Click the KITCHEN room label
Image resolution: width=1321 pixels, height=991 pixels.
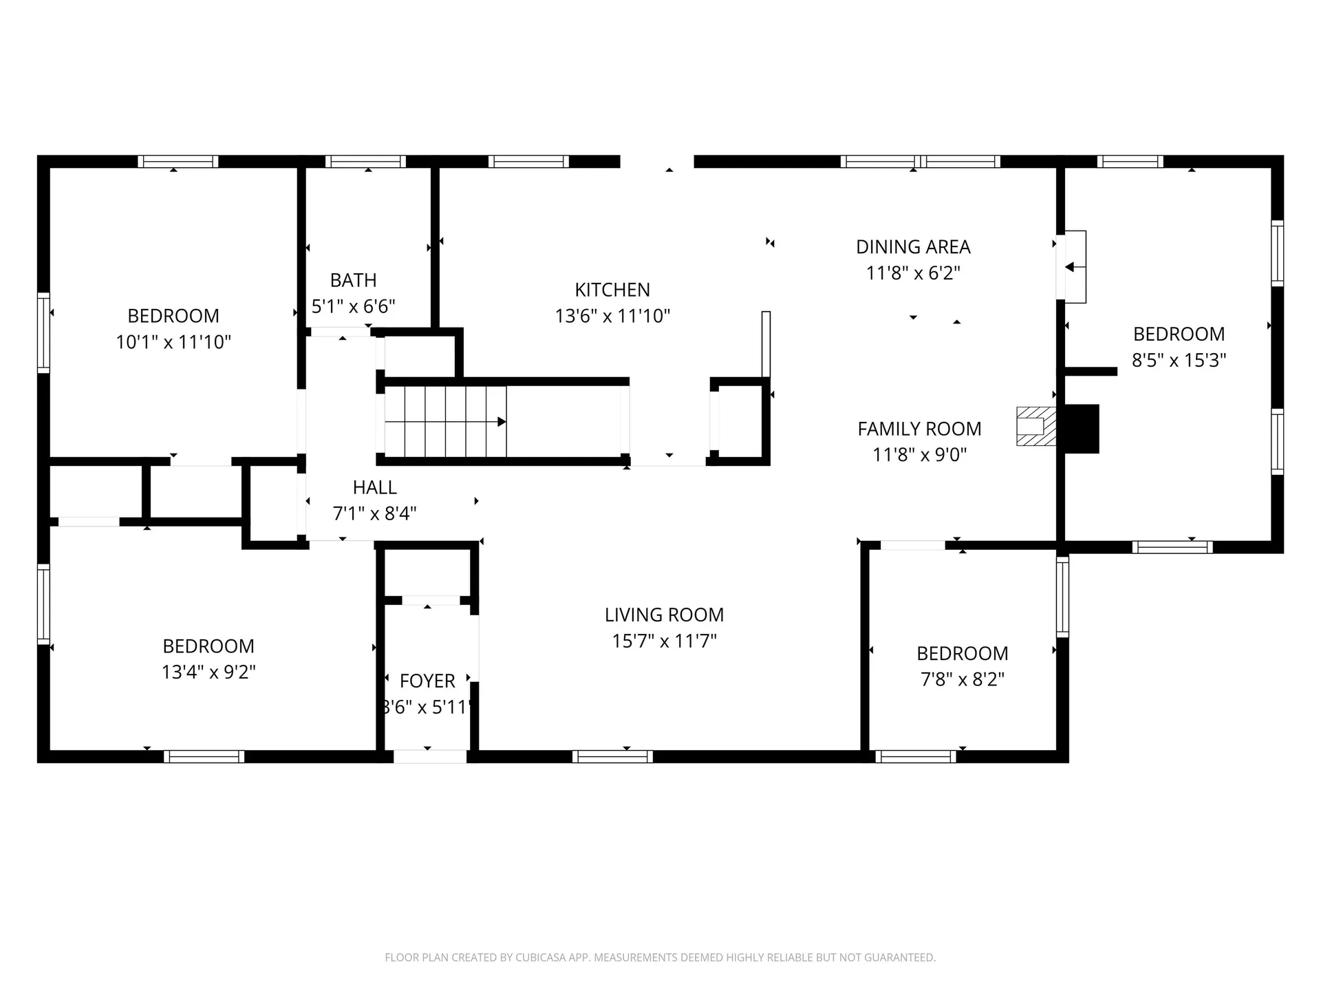pyautogui.click(x=612, y=290)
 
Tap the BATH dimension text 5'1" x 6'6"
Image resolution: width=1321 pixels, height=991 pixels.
pyautogui.click(x=354, y=306)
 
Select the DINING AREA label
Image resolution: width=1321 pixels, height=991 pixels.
pyautogui.click(x=913, y=247)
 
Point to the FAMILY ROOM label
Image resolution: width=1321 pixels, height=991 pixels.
pyautogui.click(x=919, y=429)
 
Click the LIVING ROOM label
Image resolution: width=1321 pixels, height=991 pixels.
pyautogui.click(x=664, y=615)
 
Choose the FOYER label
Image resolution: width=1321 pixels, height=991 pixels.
pyautogui.click(x=427, y=681)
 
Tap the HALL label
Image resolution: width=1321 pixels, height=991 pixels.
pyautogui.click(x=375, y=488)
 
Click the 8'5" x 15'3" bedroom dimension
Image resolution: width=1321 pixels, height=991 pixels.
pyautogui.click(x=1179, y=360)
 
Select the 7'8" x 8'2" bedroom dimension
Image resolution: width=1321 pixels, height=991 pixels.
pyautogui.click(x=963, y=679)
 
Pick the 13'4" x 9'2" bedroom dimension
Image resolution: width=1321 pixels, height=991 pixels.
pyautogui.click(x=208, y=672)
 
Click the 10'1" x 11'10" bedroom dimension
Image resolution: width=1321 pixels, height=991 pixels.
pyautogui.click(x=173, y=342)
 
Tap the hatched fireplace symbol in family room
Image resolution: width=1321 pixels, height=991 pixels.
pyautogui.click(x=1036, y=427)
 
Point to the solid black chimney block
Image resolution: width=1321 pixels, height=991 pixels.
pyautogui.click(x=1082, y=429)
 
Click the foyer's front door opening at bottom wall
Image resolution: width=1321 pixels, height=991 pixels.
pyautogui.click(x=430, y=756)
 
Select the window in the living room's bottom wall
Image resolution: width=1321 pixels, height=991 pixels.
pyautogui.click(x=612, y=756)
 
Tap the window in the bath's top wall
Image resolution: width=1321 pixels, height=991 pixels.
pyautogui.click(x=365, y=162)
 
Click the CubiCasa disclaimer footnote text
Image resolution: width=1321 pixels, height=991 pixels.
pyautogui.click(x=660, y=957)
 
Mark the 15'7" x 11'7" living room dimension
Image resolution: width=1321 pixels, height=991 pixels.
pyautogui.click(x=665, y=641)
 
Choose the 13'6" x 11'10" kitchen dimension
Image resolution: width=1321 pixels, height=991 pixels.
pyautogui.click(x=612, y=316)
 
